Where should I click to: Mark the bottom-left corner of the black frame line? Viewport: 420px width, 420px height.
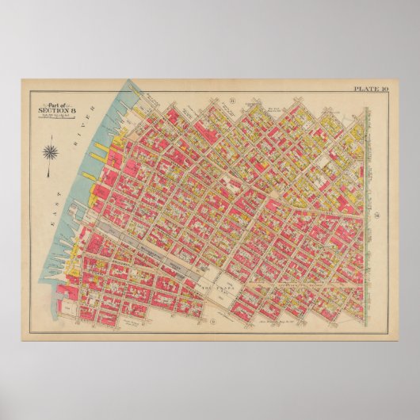point(22,339)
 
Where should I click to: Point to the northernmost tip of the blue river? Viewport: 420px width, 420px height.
point(126,82)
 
